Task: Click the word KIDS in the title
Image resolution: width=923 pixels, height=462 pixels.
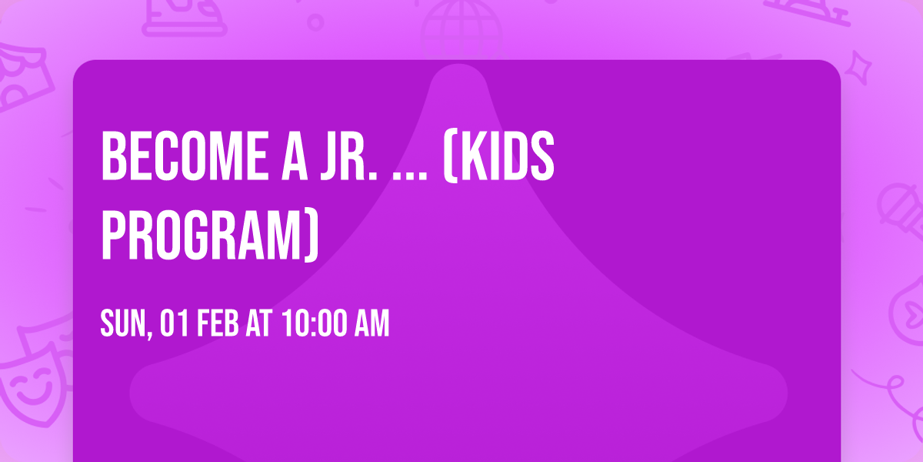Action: [508, 157]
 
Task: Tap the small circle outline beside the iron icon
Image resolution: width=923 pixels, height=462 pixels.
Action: [315, 22]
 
